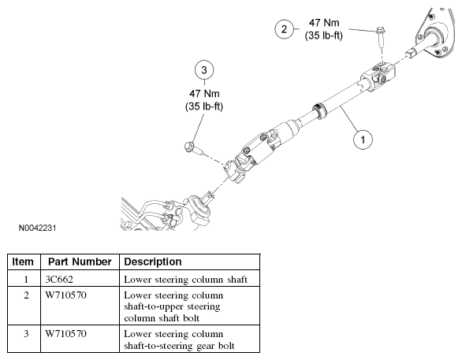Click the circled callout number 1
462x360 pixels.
pos(363,139)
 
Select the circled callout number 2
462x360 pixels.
pos(284,29)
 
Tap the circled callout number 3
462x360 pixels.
pos(204,70)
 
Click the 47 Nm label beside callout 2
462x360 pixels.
pos(324,23)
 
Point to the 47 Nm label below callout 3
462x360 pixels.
pos(204,94)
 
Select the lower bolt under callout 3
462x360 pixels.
pos(192,149)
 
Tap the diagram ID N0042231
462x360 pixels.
pos(37,228)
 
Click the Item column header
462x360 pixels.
pos(23,262)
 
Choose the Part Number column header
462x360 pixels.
pos(80,262)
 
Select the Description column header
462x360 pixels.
pos(153,262)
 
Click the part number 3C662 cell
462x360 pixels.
pos(59,279)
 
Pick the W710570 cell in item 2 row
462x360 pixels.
pos(65,295)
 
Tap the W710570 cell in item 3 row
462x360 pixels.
pos(65,333)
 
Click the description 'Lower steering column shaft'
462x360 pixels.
pos(185,280)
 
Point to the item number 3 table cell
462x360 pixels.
pos(26,333)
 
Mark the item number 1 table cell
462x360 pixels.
pos(26,279)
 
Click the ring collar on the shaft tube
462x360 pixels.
pos(319,110)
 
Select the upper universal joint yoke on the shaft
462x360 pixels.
pos(378,75)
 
